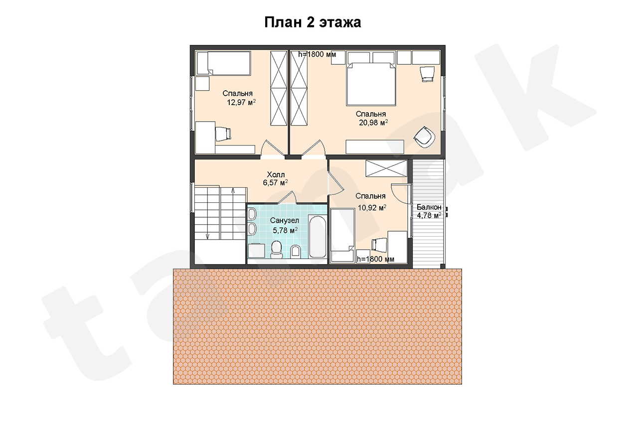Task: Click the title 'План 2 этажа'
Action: [x=313, y=22]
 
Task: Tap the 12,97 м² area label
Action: [x=241, y=103]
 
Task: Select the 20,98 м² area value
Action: [x=373, y=123]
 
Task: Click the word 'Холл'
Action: [x=276, y=174]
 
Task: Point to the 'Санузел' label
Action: [x=285, y=221]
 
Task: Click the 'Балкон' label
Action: [x=429, y=207]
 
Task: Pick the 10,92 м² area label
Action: [x=372, y=208]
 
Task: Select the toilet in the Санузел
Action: [x=276, y=250]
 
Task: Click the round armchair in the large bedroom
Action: [x=425, y=137]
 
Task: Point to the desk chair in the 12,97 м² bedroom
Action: [x=223, y=134]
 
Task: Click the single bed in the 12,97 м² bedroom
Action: [x=223, y=63]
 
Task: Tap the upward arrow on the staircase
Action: [x=233, y=191]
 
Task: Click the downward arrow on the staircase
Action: [x=207, y=236]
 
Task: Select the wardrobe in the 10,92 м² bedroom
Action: [x=386, y=168]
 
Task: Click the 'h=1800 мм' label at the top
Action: [x=317, y=54]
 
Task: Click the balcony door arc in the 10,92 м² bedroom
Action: [x=401, y=194]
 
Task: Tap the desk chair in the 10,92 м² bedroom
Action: [x=379, y=245]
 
